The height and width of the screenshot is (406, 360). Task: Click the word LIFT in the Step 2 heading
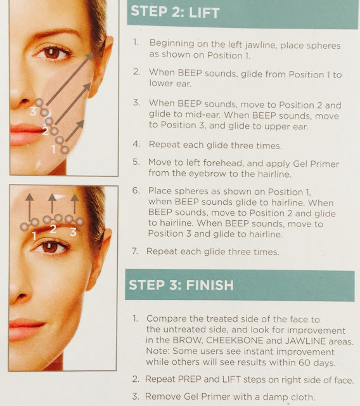(x=204, y=13)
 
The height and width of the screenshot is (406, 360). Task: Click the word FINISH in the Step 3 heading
(x=210, y=285)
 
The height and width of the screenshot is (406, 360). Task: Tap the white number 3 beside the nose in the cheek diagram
(x=33, y=111)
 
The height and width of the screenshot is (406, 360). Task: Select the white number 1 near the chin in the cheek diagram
(x=53, y=149)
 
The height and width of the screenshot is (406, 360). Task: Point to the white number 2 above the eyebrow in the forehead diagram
(x=53, y=228)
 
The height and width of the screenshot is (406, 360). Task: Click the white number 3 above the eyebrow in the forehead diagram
(x=73, y=232)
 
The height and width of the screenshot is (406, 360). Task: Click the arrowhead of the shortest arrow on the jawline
(x=81, y=124)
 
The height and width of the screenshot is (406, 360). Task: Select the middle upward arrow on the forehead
(x=52, y=204)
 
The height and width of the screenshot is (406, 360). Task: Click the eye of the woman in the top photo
(x=51, y=53)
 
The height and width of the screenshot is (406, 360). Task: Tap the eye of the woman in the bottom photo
(x=50, y=247)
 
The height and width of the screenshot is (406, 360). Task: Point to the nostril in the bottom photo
(x=22, y=296)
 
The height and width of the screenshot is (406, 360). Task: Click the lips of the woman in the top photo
(x=25, y=134)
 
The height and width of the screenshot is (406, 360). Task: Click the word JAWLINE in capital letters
(x=305, y=341)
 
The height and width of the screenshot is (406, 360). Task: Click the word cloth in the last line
(x=302, y=397)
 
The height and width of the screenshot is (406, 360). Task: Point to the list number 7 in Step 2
(x=134, y=251)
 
